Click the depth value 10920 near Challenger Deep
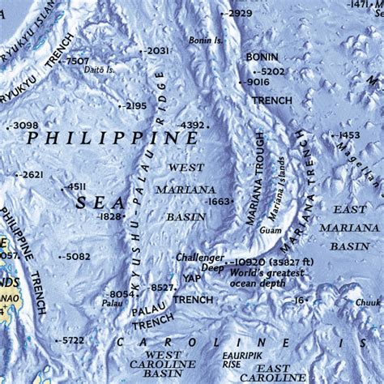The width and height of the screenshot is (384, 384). click(x=250, y=263)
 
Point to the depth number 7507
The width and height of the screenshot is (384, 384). click(x=77, y=61)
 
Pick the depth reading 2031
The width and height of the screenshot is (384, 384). click(x=157, y=50)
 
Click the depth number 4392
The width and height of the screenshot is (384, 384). click(x=191, y=126)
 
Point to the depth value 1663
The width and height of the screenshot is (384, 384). click(x=219, y=201)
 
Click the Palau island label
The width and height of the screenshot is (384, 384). click(x=113, y=304)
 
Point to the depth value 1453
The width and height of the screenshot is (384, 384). click(x=348, y=135)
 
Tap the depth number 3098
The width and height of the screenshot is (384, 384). click(x=26, y=125)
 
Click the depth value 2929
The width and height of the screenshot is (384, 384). click(x=240, y=13)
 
